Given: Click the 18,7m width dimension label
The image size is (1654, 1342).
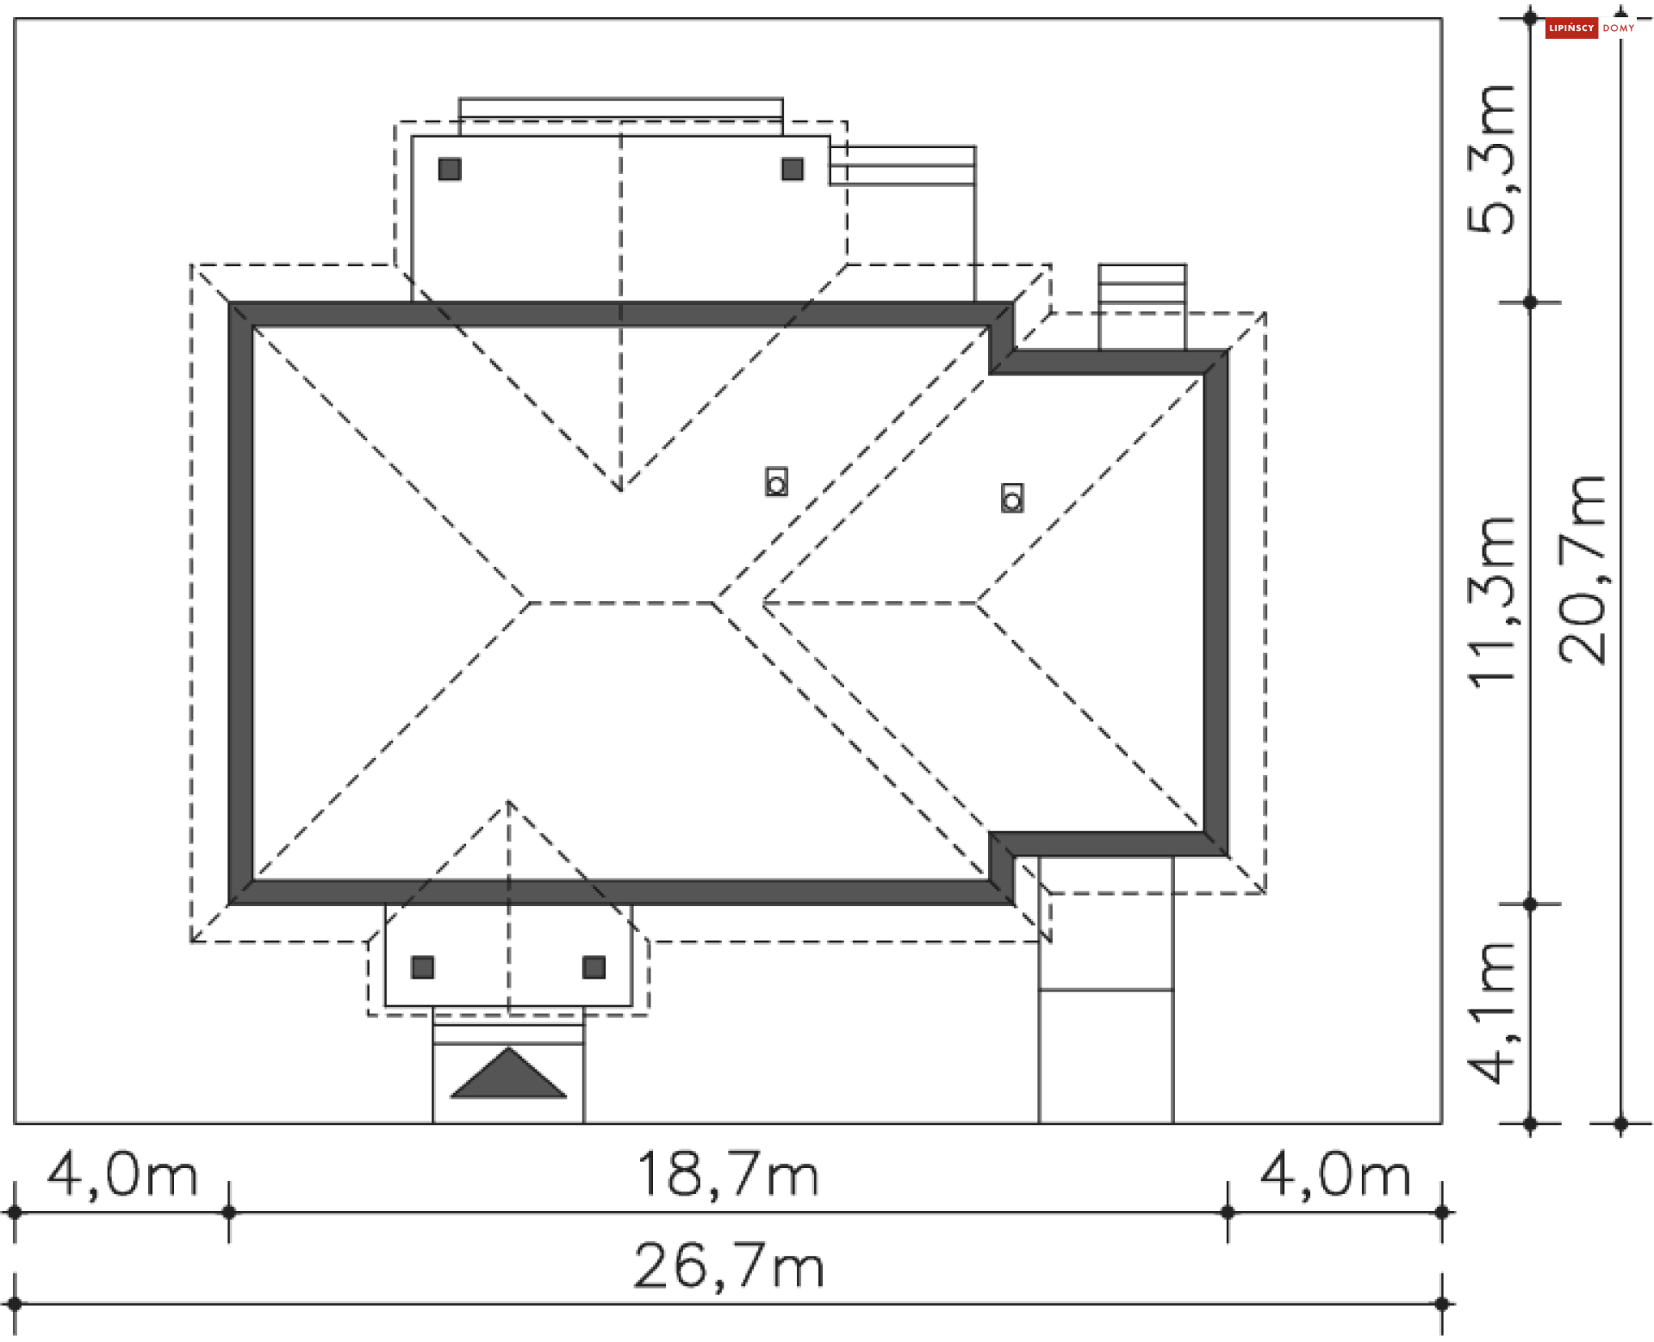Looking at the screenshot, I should (728, 1174).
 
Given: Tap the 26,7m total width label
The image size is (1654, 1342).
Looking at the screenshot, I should (729, 1266).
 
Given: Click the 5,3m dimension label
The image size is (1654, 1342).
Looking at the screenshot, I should (1492, 160).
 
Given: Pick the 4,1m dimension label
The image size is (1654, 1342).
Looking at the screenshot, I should (1492, 1013).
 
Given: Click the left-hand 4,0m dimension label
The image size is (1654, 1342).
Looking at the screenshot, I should (122, 1174).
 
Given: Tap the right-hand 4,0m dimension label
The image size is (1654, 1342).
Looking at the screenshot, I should (1335, 1174).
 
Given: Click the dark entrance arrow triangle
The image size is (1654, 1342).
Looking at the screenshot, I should (508, 1075).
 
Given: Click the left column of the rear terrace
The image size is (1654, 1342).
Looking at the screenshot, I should (450, 169).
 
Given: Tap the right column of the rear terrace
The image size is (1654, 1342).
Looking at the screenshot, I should (793, 169).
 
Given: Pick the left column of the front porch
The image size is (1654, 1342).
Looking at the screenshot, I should (423, 967).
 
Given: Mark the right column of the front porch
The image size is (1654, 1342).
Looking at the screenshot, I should (594, 967).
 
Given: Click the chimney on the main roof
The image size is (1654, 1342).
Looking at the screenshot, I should (776, 482).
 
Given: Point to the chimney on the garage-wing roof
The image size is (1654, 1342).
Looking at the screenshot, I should (1012, 498).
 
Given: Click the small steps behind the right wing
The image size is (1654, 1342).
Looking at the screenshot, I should (1142, 284).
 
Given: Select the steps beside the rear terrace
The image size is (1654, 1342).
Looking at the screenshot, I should (903, 165).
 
